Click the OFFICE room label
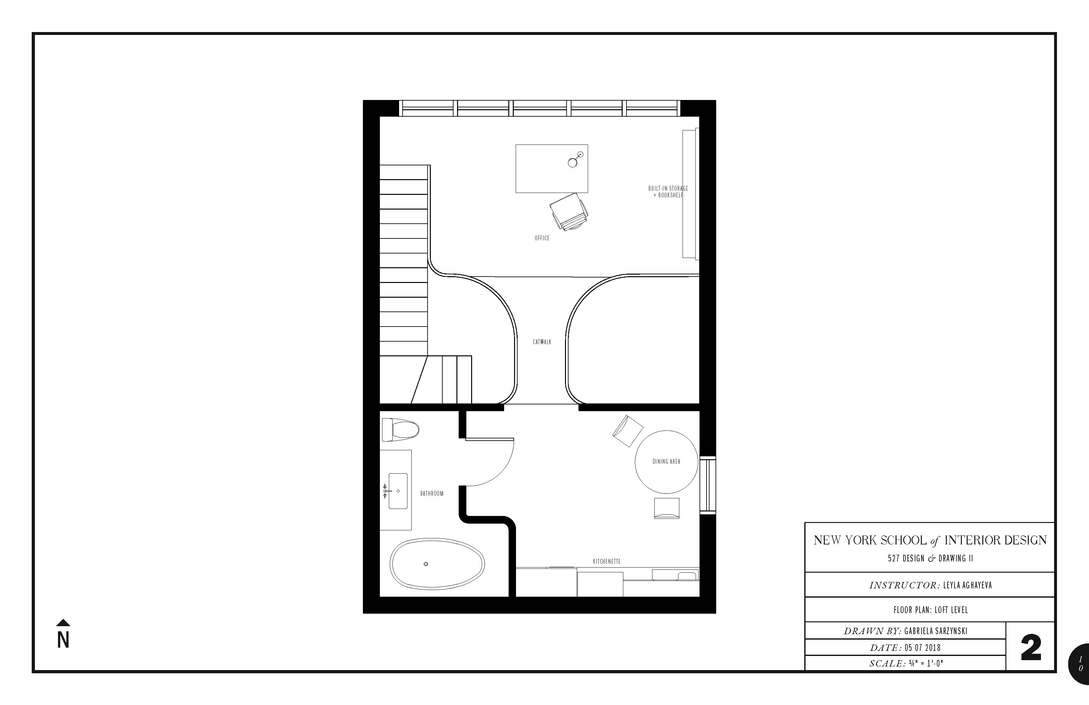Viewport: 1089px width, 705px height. point(542,238)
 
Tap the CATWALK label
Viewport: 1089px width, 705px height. point(542,342)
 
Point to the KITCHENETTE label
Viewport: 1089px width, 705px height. point(607,561)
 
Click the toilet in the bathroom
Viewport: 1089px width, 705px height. point(400,430)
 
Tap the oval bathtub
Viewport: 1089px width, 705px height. point(437,564)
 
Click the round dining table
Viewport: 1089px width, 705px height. point(667,462)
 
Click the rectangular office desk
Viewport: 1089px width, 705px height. point(552,169)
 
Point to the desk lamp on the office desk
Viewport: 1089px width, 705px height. point(576,159)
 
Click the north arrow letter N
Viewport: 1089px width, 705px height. point(63,640)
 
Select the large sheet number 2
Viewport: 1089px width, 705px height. point(1031,648)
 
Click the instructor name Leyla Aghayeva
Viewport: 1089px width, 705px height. point(967,585)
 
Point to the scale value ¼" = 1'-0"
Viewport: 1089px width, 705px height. point(927,663)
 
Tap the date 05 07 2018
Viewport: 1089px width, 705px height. point(922,648)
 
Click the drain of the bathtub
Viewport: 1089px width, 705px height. point(426,564)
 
